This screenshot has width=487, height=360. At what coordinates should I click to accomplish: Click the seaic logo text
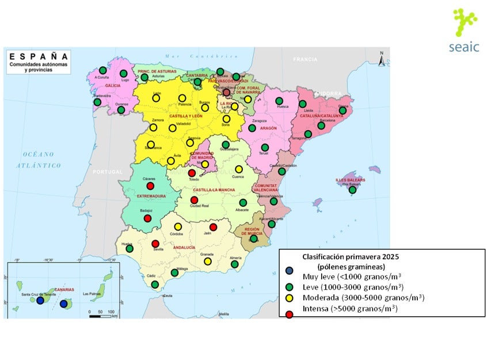(463, 47)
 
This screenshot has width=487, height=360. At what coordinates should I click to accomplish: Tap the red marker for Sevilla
(155, 244)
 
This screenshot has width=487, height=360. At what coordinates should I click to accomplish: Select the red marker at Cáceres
(150, 185)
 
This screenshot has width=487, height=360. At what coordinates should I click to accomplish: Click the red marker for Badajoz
(147, 218)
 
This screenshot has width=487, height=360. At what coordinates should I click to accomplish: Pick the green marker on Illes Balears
(352, 190)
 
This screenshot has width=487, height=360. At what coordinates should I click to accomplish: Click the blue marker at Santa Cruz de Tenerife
(40, 300)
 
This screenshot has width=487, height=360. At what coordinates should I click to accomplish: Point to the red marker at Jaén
(213, 227)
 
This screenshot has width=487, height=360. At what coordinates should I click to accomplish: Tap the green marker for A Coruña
(102, 70)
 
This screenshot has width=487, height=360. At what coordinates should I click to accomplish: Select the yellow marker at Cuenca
(238, 169)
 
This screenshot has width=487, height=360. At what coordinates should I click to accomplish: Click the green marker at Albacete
(243, 202)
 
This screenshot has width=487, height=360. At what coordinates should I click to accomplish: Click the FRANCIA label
(305, 59)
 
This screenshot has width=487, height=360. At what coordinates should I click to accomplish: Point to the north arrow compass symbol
(381, 58)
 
